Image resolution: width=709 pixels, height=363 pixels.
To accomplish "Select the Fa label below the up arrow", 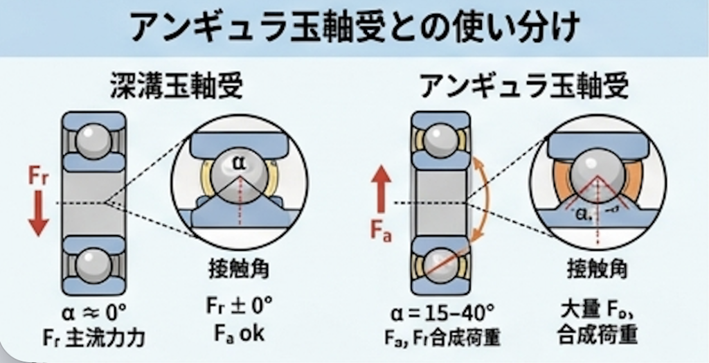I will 382,230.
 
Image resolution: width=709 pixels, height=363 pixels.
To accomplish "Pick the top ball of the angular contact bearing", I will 440,142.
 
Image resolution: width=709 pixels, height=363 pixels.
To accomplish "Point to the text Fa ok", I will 239,333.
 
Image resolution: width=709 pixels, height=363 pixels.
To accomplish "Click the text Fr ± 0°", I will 239,306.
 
